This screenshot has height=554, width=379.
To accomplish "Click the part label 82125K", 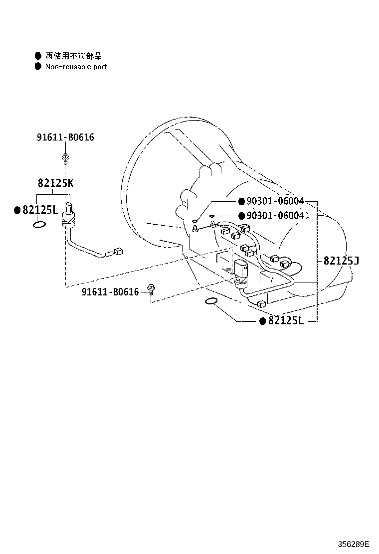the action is [x=55, y=183].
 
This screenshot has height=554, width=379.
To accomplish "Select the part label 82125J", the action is [x=341, y=261].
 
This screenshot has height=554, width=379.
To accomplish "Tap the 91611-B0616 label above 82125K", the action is [x=65, y=137].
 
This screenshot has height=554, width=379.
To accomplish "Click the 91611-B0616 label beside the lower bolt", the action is [x=110, y=292].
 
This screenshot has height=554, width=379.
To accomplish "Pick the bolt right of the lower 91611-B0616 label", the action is [x=151, y=289].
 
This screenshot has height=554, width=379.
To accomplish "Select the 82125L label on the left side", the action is [x=40, y=210].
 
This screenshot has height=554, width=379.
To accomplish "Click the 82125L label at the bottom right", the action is [x=286, y=320].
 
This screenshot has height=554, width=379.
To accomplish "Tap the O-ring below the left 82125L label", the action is [x=39, y=224].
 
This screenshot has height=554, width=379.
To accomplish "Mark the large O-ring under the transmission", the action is [x=211, y=301].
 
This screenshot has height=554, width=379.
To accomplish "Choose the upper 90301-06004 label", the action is [x=275, y=201].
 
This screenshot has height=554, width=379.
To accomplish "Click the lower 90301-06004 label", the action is [x=275, y=216].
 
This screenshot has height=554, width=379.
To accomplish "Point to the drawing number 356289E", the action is [x=354, y=544].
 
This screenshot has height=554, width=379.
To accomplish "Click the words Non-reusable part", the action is [x=76, y=67].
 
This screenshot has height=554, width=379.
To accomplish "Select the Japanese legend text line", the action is [x=73, y=56].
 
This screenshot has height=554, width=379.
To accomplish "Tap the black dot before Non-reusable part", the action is [x=38, y=66].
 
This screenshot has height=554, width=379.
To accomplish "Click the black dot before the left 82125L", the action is [x=17, y=210].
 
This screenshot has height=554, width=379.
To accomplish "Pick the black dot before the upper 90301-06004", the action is [x=241, y=201].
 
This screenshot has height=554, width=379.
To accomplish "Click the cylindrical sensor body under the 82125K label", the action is [x=69, y=216].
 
